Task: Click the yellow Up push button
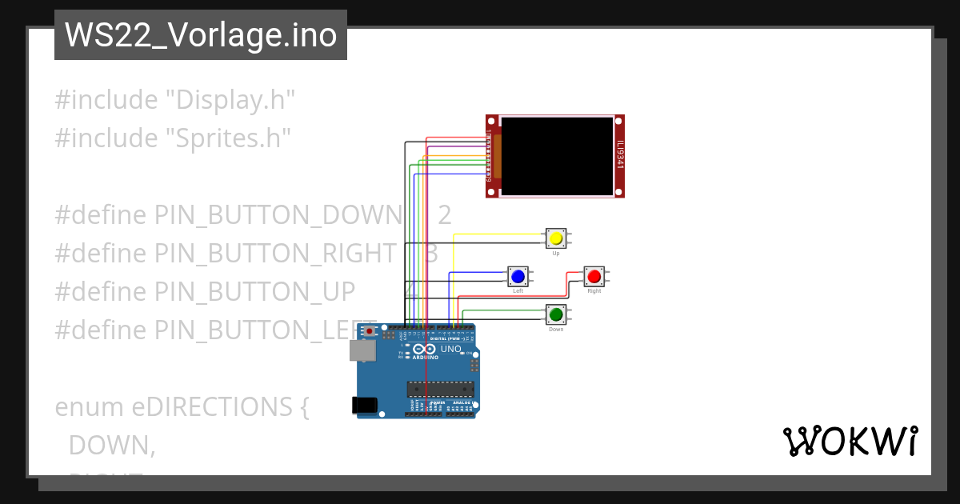[x=556, y=238]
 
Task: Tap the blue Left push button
[x=518, y=276]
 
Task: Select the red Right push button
[x=594, y=276]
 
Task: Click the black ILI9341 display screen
[x=557, y=156]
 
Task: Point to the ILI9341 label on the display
[x=620, y=156]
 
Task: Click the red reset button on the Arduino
[x=369, y=330]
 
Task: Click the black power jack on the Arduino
[x=365, y=405]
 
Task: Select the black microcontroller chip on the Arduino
[x=440, y=390]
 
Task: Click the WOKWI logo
[x=850, y=441]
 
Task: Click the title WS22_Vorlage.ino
[x=201, y=36]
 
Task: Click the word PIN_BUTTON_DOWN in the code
[x=277, y=215]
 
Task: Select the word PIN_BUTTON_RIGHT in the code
[x=275, y=254]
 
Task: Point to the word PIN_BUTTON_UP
[x=254, y=292]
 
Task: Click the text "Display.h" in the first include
[x=230, y=100]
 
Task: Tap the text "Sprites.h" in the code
[x=228, y=138]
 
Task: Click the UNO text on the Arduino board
[x=450, y=349]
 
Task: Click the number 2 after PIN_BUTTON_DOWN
[x=445, y=215]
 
